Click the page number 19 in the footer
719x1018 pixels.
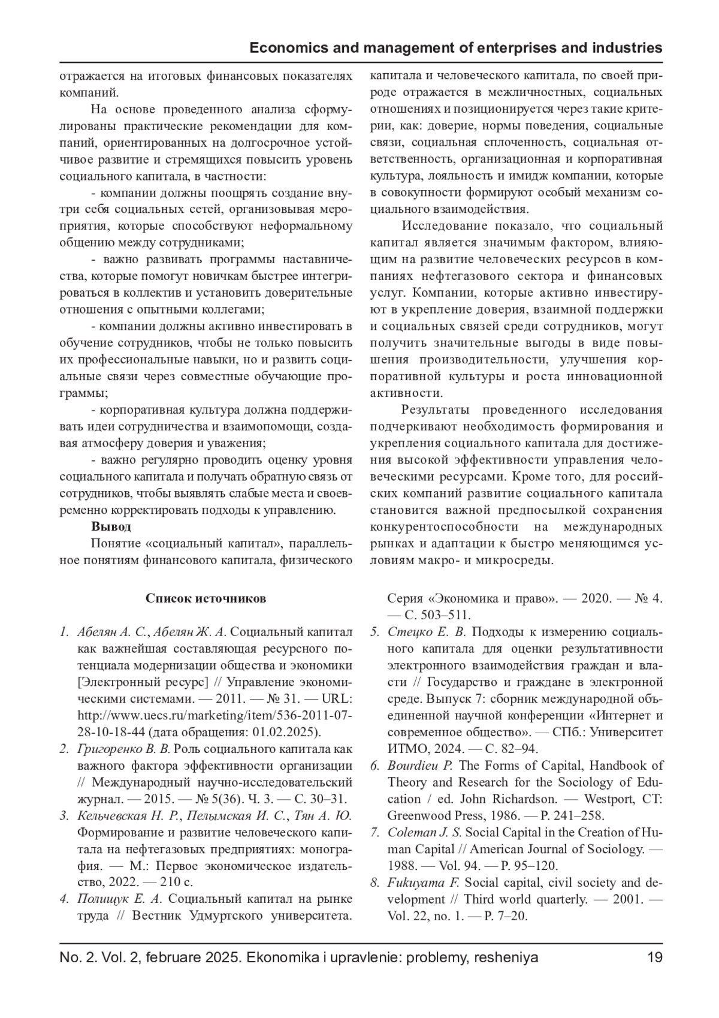point(654,957)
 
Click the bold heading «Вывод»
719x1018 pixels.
point(111,527)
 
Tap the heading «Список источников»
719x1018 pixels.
point(206,598)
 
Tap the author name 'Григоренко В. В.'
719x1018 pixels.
point(124,749)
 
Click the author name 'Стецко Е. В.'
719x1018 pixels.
point(427,632)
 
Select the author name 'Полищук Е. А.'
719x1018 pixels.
point(120,899)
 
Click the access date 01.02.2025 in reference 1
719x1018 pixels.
point(288,732)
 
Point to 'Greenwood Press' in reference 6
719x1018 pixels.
point(428,816)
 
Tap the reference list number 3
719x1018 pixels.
point(64,816)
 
